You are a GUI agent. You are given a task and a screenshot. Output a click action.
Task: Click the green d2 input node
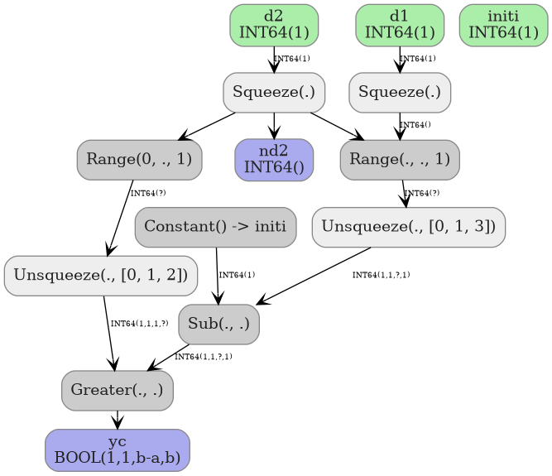(274, 25)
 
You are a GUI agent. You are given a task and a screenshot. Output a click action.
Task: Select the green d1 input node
(400, 25)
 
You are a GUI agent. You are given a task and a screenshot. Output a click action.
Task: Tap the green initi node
(503, 25)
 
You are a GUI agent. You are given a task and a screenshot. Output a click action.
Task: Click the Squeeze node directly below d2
(274, 92)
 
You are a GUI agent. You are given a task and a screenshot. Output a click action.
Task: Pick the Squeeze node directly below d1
(400, 92)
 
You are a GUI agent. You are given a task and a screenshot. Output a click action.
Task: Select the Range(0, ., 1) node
(139, 160)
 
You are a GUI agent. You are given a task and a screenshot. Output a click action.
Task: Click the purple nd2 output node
(274, 160)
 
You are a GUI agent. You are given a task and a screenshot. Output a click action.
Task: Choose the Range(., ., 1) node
(400, 160)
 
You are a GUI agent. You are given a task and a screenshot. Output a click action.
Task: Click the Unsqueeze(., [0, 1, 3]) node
(409, 227)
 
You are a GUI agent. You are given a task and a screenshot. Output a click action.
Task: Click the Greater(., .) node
(117, 390)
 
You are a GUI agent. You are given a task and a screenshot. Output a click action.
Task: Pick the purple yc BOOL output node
(117, 450)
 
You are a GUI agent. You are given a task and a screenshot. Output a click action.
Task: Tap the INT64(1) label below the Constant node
(237, 275)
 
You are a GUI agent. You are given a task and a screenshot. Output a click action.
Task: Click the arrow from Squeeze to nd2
(274, 126)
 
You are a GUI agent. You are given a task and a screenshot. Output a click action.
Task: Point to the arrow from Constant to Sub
(217, 276)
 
